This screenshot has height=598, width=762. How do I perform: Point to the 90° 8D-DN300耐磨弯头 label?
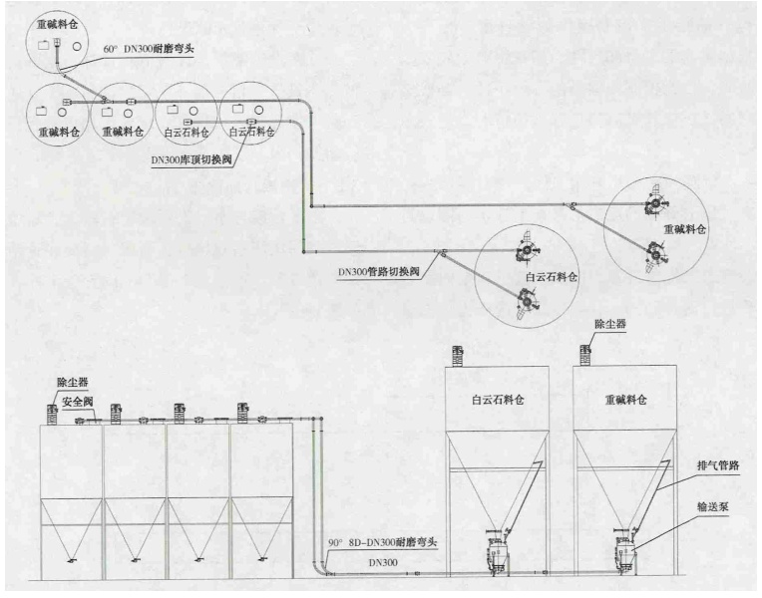383,542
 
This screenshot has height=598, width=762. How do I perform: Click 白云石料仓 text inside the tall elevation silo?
496,400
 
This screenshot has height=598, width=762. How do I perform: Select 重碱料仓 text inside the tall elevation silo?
625,400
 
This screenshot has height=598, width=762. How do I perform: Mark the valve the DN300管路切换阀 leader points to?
445,251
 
